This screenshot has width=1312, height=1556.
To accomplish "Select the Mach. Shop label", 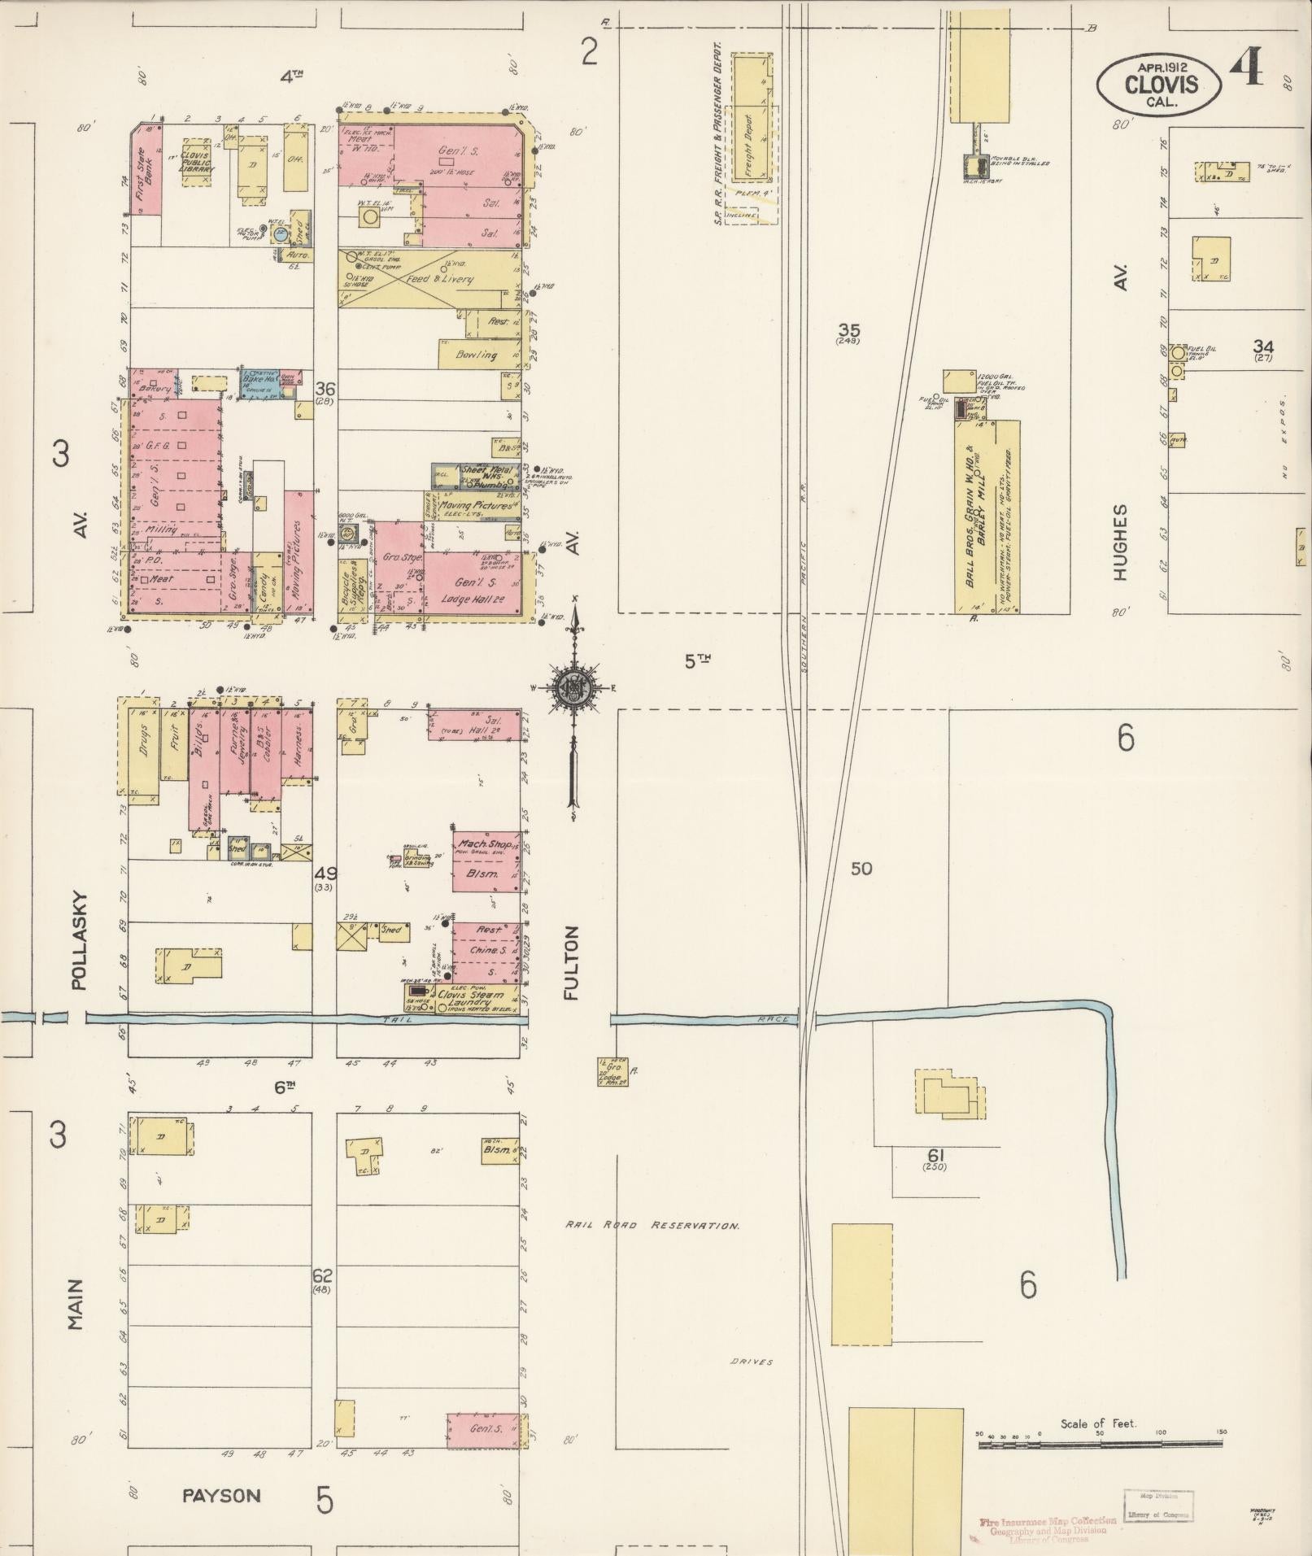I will tap(486, 845).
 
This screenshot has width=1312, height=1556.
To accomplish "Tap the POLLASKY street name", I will tap(79, 941).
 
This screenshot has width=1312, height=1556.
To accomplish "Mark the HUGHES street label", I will tap(1121, 542).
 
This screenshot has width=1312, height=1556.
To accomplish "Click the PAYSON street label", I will tap(220, 1495).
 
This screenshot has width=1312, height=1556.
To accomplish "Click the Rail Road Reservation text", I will tap(652, 1225).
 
